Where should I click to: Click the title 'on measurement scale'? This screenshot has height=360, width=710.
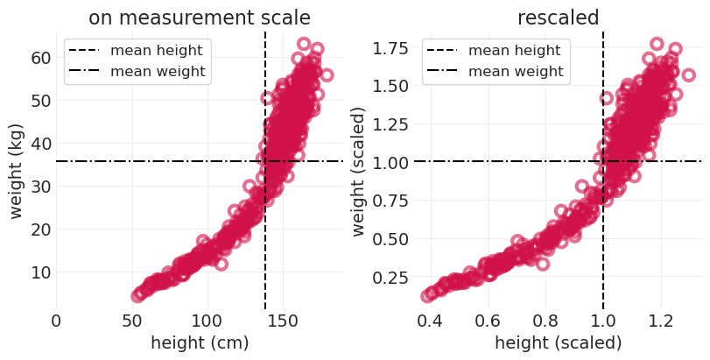pyautogui.click(x=200, y=17)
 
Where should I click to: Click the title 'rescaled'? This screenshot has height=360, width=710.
pyautogui.click(x=558, y=17)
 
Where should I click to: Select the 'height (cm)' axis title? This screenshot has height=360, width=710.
pyautogui.click(x=200, y=343)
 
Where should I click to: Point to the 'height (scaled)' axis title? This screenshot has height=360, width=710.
pyautogui.click(x=558, y=343)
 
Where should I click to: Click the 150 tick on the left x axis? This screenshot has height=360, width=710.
pyautogui.click(x=282, y=321)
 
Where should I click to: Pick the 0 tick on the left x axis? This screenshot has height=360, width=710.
pyautogui.click(x=57, y=321)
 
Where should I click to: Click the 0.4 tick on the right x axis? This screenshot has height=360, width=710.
pyautogui.click(x=429, y=321)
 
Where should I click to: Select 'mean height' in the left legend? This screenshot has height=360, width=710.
pyautogui.click(x=158, y=51)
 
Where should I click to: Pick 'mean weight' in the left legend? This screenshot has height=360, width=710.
pyautogui.click(x=158, y=71)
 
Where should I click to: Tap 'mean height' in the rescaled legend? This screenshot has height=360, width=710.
pyautogui.click(x=517, y=51)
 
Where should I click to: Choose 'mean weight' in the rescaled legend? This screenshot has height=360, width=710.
pyautogui.click(x=517, y=71)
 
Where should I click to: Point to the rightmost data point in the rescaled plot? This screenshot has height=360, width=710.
pyautogui.click(x=688, y=74)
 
